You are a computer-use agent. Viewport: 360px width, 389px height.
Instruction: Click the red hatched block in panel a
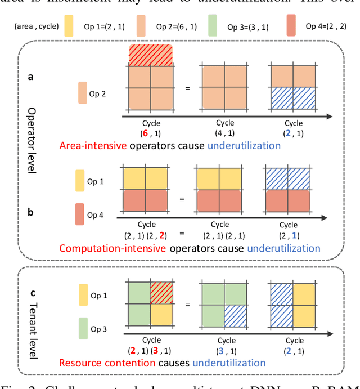pyautogui.click(x=150, y=55)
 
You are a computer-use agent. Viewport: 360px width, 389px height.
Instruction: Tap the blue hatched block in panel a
pyautogui.click(x=293, y=99)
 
